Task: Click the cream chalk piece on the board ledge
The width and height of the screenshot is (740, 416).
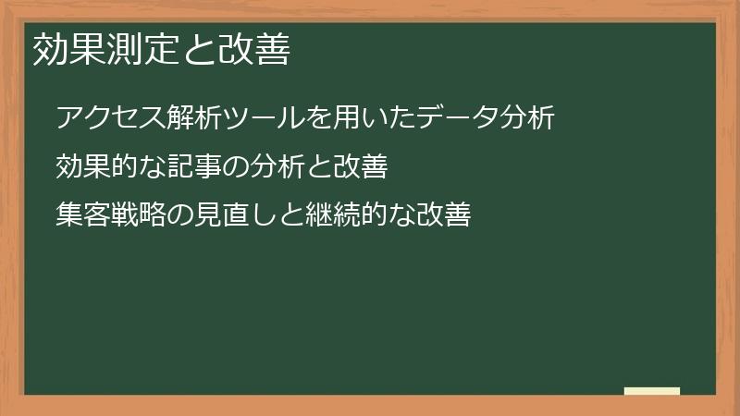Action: (x=652, y=391)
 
